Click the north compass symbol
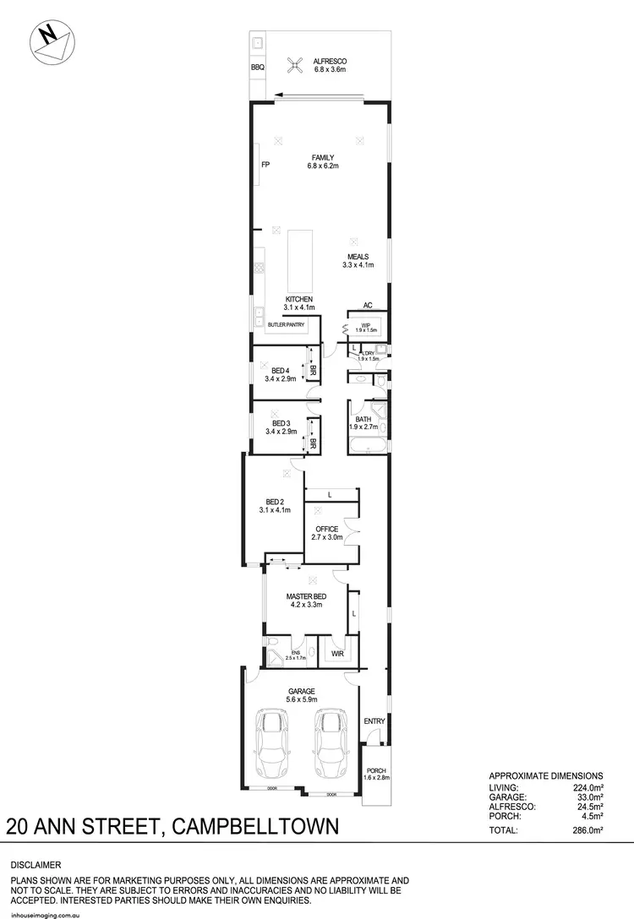(x=50, y=41)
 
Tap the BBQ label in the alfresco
(x=257, y=67)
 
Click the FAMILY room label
(x=322, y=157)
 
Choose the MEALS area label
(x=358, y=257)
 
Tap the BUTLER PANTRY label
(x=286, y=324)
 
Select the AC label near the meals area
(x=368, y=306)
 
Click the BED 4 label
(x=281, y=370)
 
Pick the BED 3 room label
(x=281, y=423)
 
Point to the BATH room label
(x=363, y=419)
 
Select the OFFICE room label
(x=326, y=530)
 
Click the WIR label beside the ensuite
(x=336, y=653)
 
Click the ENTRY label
(x=374, y=721)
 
